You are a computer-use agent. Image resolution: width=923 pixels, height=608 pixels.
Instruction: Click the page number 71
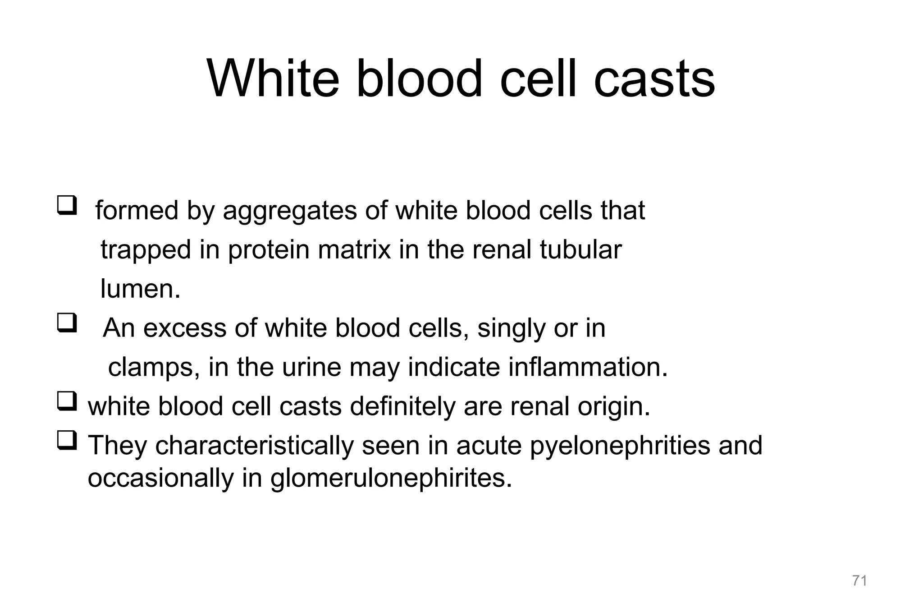tap(860, 580)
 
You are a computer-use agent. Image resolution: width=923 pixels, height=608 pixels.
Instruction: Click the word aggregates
tap(290, 211)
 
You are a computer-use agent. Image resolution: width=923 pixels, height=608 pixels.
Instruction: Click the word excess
tap(185, 328)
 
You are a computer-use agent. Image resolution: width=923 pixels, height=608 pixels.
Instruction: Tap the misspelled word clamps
tap(154, 367)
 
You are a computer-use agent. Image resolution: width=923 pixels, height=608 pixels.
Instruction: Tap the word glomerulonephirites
tap(391, 478)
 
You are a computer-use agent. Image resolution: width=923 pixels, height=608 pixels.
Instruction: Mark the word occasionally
tap(160, 478)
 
